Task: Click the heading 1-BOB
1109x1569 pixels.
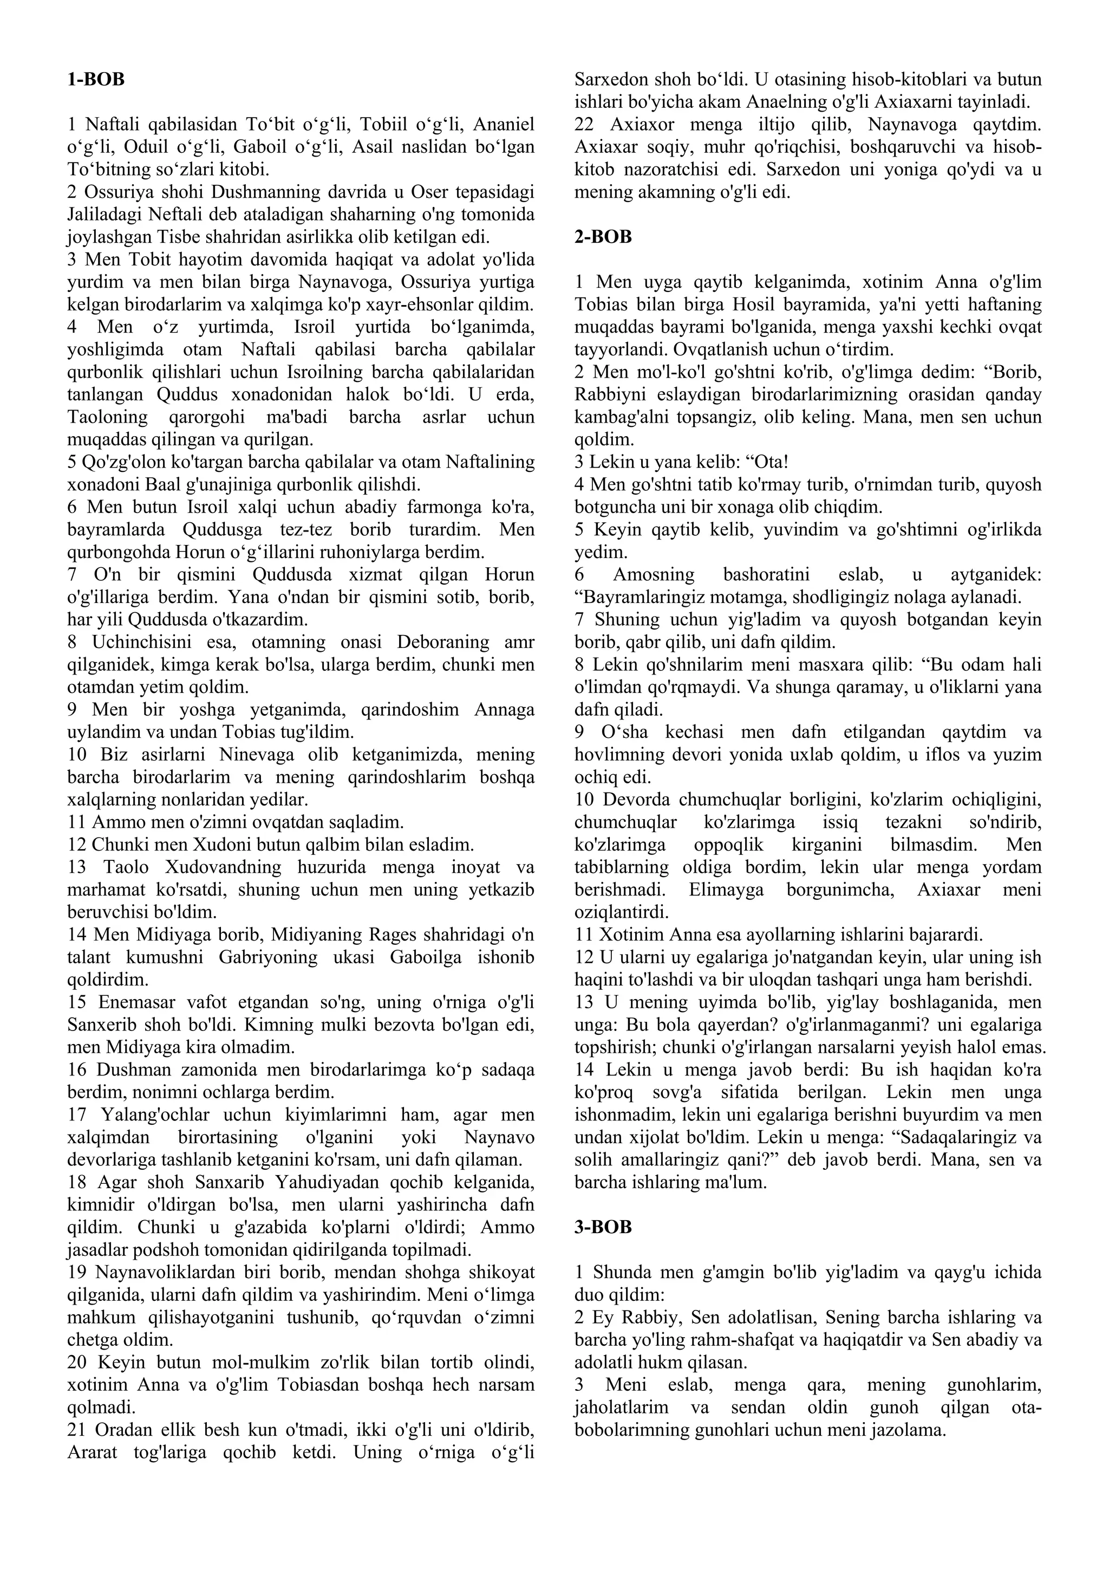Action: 96,79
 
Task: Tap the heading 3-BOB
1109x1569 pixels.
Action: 603,1227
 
